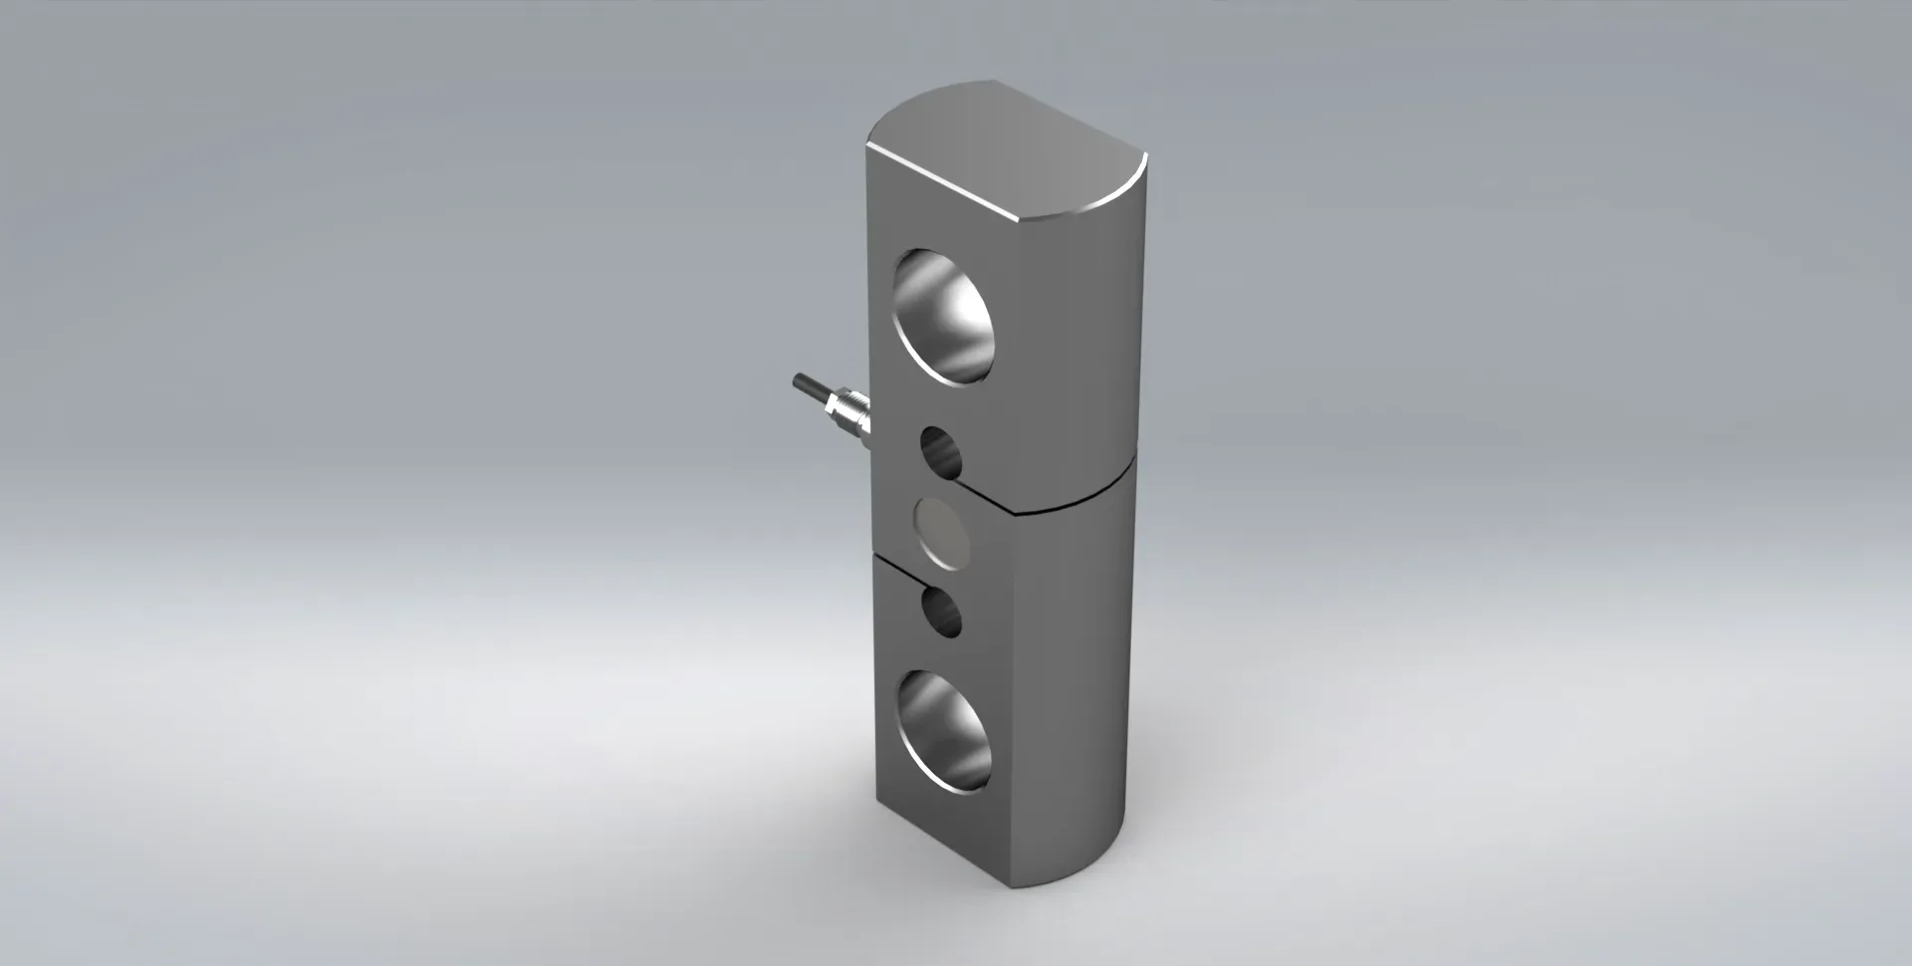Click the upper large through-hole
[x=946, y=315]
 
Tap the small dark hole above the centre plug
[x=942, y=453]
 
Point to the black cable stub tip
[x=799, y=381]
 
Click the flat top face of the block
[x=1006, y=149]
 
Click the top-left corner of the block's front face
[x=868, y=146]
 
